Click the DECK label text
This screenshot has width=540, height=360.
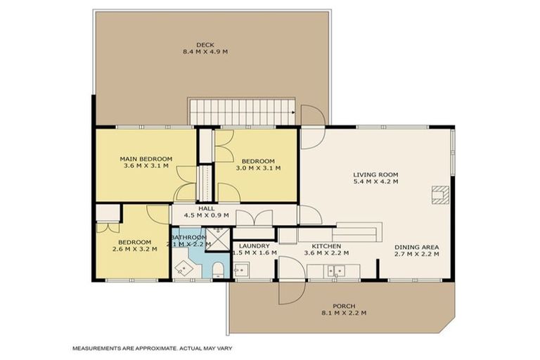point(205,45)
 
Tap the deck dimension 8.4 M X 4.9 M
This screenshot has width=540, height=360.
point(205,52)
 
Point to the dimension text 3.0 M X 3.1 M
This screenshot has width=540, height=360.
point(258,168)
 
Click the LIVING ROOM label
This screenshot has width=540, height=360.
point(376,174)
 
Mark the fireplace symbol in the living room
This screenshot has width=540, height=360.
point(440,194)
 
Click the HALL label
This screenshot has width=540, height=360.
point(206,209)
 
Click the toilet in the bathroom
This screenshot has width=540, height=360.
point(217,269)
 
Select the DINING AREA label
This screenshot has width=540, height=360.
point(416,247)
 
